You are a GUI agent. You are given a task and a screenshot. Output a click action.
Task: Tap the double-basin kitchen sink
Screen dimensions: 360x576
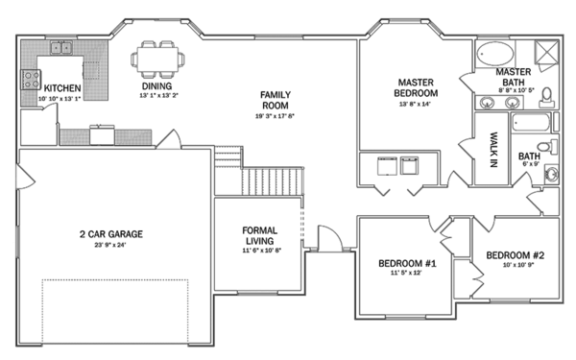tap(63, 47)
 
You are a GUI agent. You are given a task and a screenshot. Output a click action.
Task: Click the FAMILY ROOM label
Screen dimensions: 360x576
tap(275, 100)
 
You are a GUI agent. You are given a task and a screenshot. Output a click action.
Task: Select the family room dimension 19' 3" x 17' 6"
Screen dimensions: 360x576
tap(275, 115)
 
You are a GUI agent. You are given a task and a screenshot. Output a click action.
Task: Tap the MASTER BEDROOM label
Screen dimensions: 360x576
tap(417, 87)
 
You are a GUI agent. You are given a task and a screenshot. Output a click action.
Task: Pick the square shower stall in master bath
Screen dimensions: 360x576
tap(545, 52)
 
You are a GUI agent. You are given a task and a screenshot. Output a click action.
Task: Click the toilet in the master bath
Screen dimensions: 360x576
tap(546, 95)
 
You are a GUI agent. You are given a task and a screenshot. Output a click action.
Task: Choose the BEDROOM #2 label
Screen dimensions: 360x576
tap(515, 255)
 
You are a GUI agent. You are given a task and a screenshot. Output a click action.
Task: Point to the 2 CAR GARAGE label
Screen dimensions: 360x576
tap(113, 233)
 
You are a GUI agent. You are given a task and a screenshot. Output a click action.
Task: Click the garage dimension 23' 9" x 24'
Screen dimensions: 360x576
tap(113, 246)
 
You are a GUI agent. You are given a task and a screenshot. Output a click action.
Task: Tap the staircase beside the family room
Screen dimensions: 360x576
tap(273, 179)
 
